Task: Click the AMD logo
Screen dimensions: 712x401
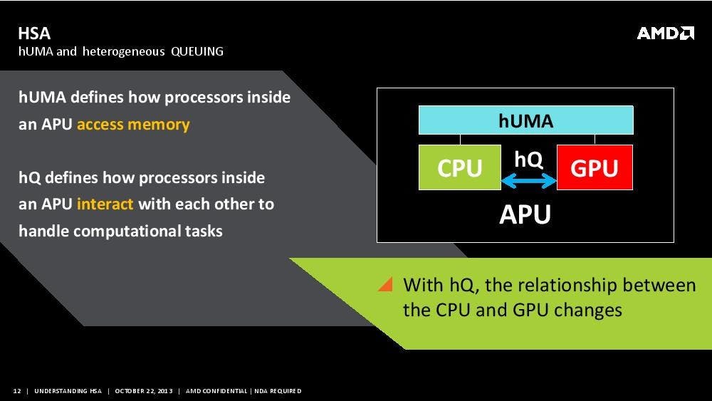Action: [665, 33]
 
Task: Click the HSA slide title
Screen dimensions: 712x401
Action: [34, 33]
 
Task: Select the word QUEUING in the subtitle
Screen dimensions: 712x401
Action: [197, 51]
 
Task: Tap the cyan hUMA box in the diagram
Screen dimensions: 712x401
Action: [526, 120]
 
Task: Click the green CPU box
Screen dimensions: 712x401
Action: [459, 167]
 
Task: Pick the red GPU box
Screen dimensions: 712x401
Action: [595, 167]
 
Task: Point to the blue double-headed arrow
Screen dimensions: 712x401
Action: [528, 181]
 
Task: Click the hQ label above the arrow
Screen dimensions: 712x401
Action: [528, 160]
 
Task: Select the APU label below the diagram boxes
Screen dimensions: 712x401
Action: [525, 214]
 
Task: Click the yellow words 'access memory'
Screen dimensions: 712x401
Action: [133, 125]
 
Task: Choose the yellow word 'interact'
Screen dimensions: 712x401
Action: [105, 204]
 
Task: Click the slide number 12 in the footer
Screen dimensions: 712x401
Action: [17, 391]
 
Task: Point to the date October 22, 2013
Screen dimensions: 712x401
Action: [144, 391]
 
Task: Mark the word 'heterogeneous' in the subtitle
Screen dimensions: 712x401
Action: [123, 51]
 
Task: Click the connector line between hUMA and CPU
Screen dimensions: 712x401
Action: [460, 140]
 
